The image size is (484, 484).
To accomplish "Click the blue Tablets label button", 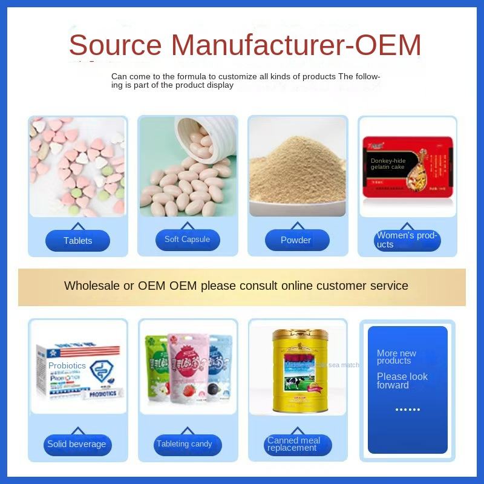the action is point(77,241).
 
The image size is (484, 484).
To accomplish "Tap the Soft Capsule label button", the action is point(187,240).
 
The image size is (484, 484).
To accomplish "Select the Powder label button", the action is point(296,240).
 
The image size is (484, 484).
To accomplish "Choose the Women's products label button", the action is point(407,240).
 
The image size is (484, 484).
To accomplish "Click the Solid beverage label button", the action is point(77,445).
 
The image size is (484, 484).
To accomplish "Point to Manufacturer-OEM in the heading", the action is point(296,45).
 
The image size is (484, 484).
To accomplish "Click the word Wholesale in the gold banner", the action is point(92,286).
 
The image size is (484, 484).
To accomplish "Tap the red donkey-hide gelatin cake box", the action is point(407,166).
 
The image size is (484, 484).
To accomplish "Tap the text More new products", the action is point(396,357).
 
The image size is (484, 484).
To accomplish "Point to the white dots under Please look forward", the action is point(407,410).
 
